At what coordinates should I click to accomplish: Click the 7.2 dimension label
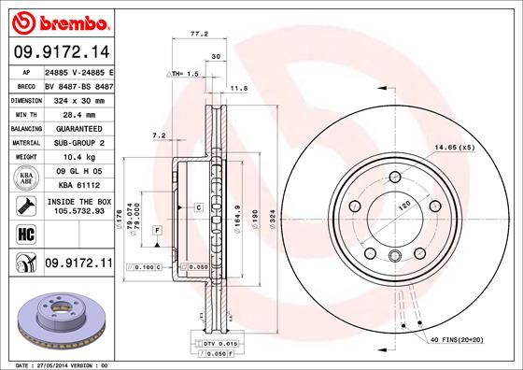click(x=158, y=135)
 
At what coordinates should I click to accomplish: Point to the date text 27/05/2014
click(x=51, y=363)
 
